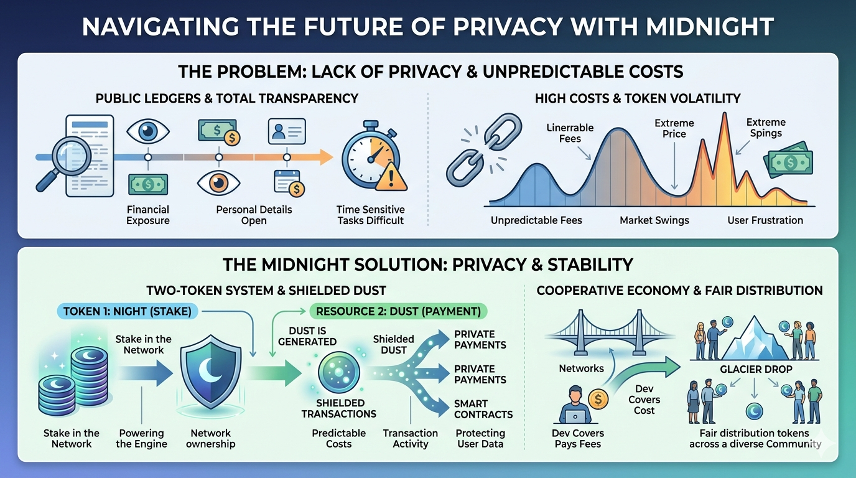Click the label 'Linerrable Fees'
tap(570, 133)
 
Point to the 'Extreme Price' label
tap(674, 129)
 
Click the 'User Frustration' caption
tap(765, 220)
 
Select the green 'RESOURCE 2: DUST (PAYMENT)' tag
tap(398, 311)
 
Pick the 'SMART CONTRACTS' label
tap(483, 409)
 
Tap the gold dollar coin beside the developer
tap(597, 400)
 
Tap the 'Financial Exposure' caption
tap(148, 215)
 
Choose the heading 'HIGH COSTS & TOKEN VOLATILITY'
tap(638, 98)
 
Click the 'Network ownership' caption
tap(211, 438)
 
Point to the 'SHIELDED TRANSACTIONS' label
tap(338, 408)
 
